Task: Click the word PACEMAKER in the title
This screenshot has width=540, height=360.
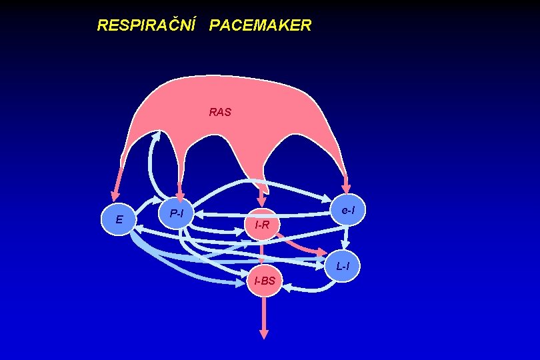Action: click(260, 25)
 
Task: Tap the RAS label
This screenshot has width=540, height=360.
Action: click(220, 112)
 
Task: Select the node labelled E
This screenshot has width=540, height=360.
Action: click(119, 219)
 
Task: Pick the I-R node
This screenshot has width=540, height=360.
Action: click(262, 225)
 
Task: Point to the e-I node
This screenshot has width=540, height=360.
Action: click(348, 211)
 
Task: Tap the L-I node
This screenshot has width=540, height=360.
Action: click(343, 266)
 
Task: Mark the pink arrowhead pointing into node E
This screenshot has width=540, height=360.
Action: click(115, 194)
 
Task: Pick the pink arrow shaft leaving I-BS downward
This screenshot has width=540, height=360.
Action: click(264, 313)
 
